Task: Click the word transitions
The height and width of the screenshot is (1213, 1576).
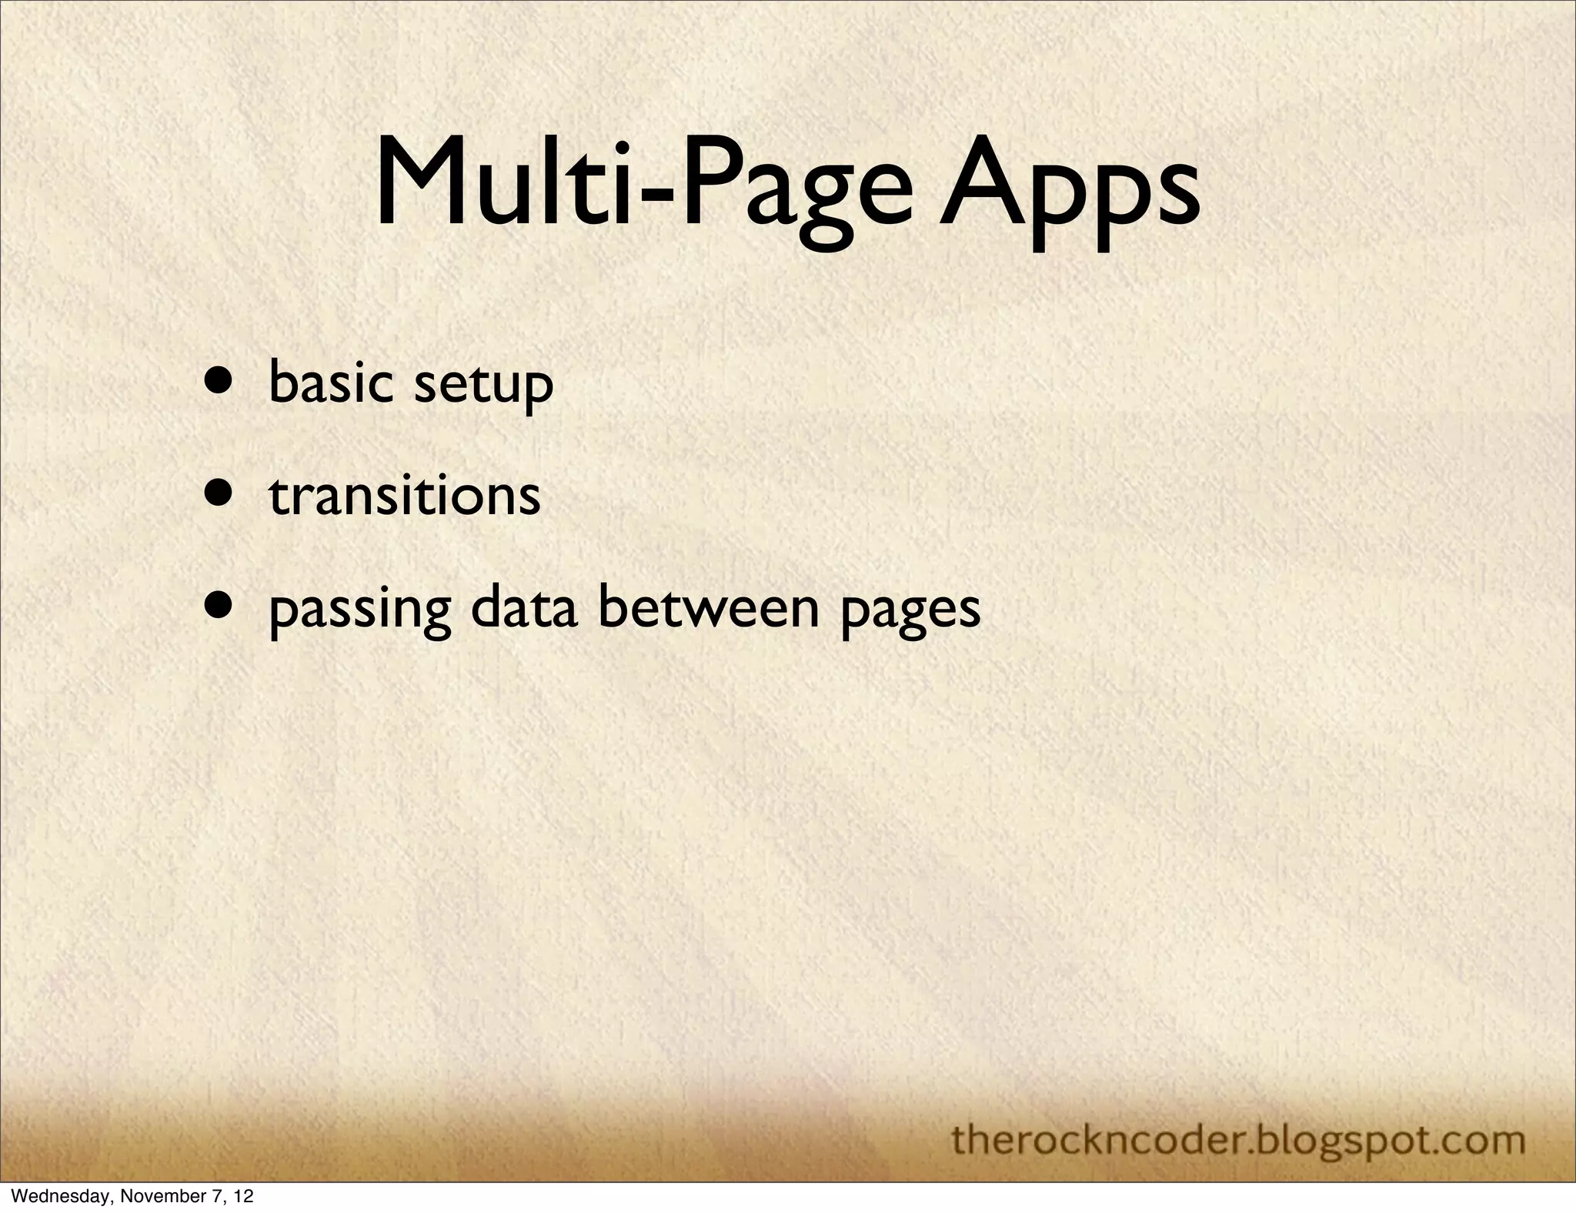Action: click(405, 496)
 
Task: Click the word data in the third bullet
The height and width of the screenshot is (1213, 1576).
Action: click(524, 608)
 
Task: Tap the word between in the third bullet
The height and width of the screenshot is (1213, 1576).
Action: click(709, 608)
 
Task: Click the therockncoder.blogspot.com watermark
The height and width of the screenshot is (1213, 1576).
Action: click(1238, 1140)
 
